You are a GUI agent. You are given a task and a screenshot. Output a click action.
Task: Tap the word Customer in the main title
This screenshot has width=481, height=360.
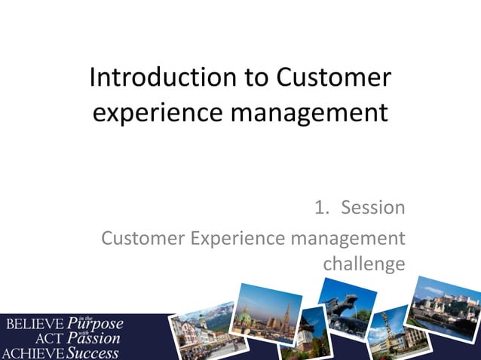tap(335, 78)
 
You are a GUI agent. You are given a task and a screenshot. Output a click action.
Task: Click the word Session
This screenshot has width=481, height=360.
tap(373, 207)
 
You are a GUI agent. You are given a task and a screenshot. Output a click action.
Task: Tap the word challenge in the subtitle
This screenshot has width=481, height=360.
tap(363, 264)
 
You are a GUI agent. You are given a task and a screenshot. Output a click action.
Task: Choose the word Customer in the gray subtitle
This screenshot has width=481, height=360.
tap(142, 239)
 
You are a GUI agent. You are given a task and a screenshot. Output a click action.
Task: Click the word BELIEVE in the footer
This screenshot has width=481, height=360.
tap(34, 325)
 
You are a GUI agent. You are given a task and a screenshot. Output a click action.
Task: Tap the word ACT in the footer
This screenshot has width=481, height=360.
tap(51, 338)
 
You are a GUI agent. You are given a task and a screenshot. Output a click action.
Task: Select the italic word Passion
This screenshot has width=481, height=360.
tap(93, 339)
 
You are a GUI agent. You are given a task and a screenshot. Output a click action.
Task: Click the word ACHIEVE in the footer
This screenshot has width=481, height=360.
tap(32, 352)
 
